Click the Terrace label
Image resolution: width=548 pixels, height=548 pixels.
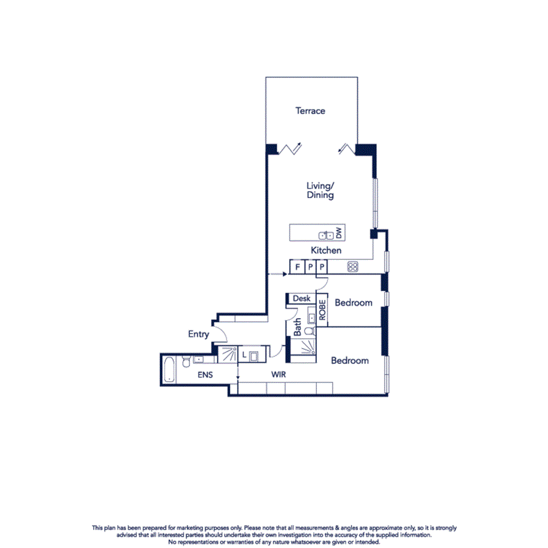pyautogui.click(x=310, y=111)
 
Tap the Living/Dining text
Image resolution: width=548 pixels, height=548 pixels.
pyautogui.click(x=320, y=191)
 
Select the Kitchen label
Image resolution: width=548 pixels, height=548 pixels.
pyautogui.click(x=326, y=250)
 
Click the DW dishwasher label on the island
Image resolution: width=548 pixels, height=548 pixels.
pyautogui.click(x=338, y=233)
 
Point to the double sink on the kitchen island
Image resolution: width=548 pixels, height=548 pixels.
pyautogui.click(x=326, y=235)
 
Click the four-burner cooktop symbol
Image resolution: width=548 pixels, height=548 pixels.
pyautogui.click(x=353, y=267)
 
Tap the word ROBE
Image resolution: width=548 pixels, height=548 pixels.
pyautogui.click(x=322, y=310)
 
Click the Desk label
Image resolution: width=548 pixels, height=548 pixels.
pyautogui.click(x=302, y=299)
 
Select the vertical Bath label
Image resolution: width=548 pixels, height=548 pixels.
pyautogui.click(x=298, y=327)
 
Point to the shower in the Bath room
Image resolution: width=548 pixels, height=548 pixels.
pyautogui.click(x=304, y=350)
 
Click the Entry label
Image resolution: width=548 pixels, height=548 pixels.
pyautogui.click(x=198, y=334)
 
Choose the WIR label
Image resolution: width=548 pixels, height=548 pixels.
pyautogui.click(x=279, y=373)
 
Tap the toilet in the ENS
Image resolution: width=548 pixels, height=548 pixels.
pyautogui.click(x=186, y=360)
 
